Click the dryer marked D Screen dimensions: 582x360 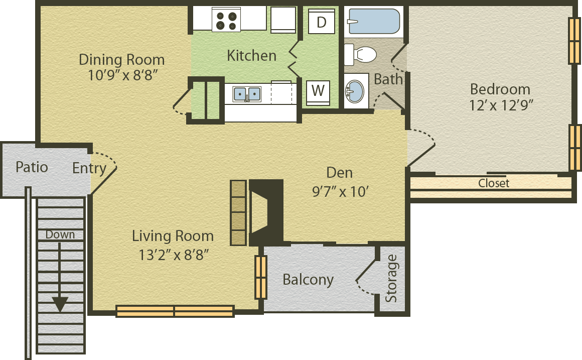click(322, 22)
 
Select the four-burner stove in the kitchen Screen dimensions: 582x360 click(226, 20)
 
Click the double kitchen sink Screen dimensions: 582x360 click(247, 94)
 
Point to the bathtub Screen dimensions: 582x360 click(374, 21)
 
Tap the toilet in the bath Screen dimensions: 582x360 click(360, 55)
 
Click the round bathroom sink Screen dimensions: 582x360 click(355, 91)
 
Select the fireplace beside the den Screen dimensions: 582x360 click(266, 212)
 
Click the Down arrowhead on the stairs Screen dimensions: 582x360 click(60, 304)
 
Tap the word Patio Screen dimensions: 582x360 click(32, 167)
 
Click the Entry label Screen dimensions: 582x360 click(89, 168)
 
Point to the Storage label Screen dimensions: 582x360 click(391, 278)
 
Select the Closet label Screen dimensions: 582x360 click(494, 183)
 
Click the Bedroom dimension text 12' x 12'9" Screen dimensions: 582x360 click(501, 105)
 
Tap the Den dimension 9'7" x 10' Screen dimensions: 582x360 click(340, 192)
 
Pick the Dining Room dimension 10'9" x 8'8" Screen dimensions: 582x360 click(123, 75)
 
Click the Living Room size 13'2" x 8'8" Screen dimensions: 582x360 click(173, 255)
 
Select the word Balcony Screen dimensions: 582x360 click(308, 280)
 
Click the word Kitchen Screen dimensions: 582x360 click(252, 56)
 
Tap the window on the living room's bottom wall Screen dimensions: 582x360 click(175, 311)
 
